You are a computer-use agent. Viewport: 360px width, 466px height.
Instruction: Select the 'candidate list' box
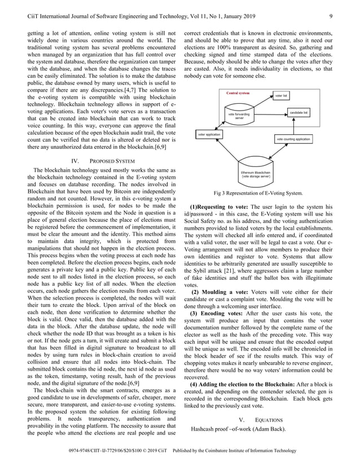[298, 113]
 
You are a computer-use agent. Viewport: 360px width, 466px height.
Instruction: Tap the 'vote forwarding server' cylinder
[240, 116]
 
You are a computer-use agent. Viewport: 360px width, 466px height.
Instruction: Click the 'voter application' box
[209, 135]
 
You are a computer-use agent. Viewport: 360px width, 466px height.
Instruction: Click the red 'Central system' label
[238, 93]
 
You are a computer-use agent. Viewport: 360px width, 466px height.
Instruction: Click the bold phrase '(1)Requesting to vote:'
[218, 208]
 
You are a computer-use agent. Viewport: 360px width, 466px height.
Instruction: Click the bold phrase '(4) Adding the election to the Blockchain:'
[249, 384]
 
